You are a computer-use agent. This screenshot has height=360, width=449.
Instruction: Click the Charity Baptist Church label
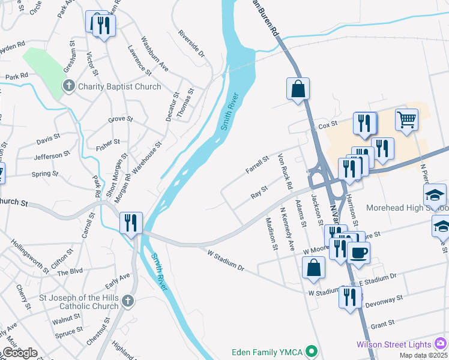119,86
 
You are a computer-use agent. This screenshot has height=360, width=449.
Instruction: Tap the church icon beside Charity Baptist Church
69,86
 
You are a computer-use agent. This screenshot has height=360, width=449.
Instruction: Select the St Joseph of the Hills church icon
127,300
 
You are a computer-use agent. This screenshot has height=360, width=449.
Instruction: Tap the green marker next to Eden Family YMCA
311,350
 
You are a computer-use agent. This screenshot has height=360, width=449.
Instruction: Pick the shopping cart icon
406,119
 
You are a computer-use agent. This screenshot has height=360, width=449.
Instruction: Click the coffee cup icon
358,252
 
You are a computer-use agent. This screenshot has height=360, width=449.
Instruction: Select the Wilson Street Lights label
394,344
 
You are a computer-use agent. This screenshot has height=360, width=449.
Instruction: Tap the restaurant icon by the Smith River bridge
130,222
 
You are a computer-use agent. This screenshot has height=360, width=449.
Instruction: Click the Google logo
20,353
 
